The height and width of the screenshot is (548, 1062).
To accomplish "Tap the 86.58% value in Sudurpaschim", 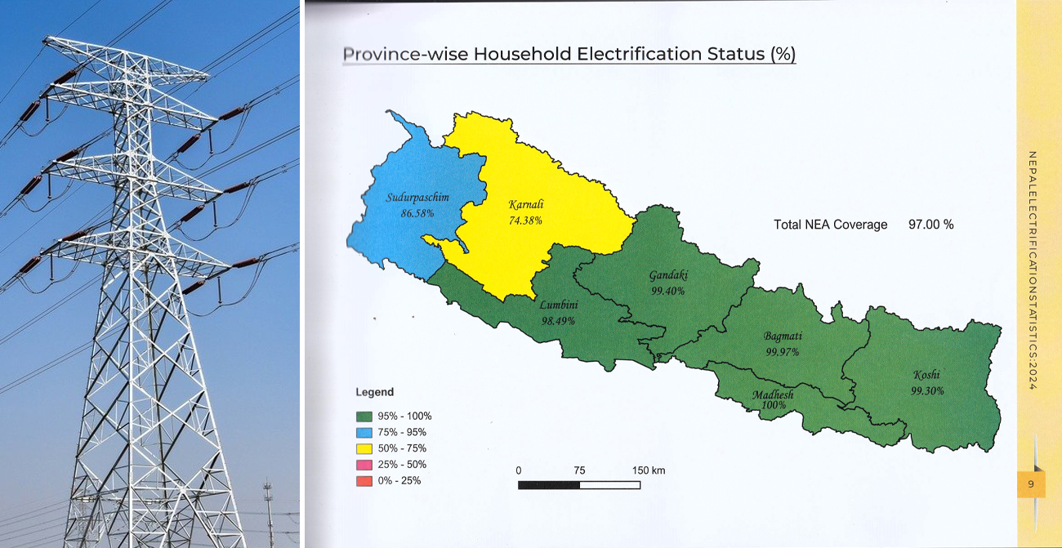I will point(417,212).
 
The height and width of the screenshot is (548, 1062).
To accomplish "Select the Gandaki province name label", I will point(667,276).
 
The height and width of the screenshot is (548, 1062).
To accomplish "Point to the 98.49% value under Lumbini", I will point(558,320).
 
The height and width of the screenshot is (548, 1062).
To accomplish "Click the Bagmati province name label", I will point(783,336).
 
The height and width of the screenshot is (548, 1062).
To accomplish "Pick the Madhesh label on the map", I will point(772,395).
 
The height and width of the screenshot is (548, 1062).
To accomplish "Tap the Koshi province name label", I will point(926,376).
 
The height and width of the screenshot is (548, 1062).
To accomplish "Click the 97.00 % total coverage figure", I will point(930,225).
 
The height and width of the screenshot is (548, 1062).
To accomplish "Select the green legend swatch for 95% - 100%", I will point(364,417).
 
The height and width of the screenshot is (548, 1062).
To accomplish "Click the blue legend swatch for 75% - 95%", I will point(364,433).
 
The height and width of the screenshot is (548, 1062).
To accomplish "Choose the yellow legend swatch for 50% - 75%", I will point(364,448).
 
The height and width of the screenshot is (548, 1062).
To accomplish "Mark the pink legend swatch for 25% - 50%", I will point(364,465).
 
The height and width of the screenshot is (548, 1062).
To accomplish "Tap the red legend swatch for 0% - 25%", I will point(364,481).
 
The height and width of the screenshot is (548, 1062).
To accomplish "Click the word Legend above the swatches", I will point(374,393).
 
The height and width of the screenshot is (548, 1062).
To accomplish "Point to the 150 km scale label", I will point(649,470).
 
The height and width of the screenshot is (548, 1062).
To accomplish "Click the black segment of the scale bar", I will point(549,484).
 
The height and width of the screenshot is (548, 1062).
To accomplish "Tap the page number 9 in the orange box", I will point(1031,484).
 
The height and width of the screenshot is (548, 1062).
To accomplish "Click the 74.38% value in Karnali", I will point(525,221).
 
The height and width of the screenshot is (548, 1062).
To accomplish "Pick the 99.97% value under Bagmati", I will point(782,352).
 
